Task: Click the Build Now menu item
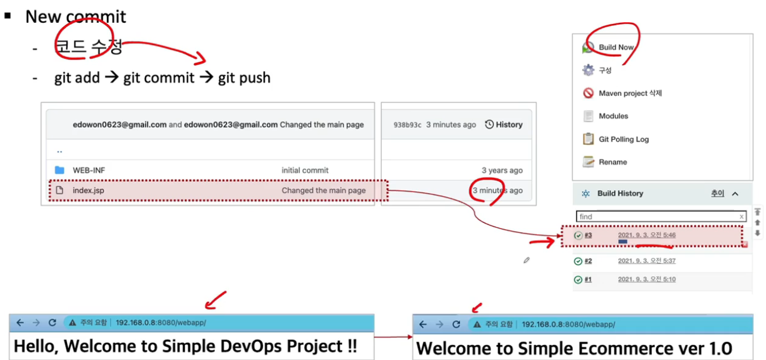pyautogui.click(x=616, y=47)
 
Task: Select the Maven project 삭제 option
pyautogui.click(x=630, y=93)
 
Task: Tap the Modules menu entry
pyautogui.click(x=613, y=116)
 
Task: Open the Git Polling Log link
pyautogui.click(x=624, y=139)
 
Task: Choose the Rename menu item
pyautogui.click(x=613, y=162)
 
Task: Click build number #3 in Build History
pyautogui.click(x=588, y=235)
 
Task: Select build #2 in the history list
pyautogui.click(x=588, y=261)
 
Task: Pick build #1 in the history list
pyautogui.click(x=588, y=280)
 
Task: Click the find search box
pyautogui.click(x=657, y=216)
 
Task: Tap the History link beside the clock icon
pyautogui.click(x=508, y=125)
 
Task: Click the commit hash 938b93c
pyautogui.click(x=407, y=125)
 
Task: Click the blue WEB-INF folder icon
pyautogui.click(x=60, y=170)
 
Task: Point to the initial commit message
pyautogui.click(x=305, y=171)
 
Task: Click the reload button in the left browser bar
pyautogui.click(x=52, y=323)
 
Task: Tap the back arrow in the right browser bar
pyautogui.click(x=423, y=324)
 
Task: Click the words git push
pyautogui.click(x=244, y=78)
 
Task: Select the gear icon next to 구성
pyautogui.click(x=588, y=71)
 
